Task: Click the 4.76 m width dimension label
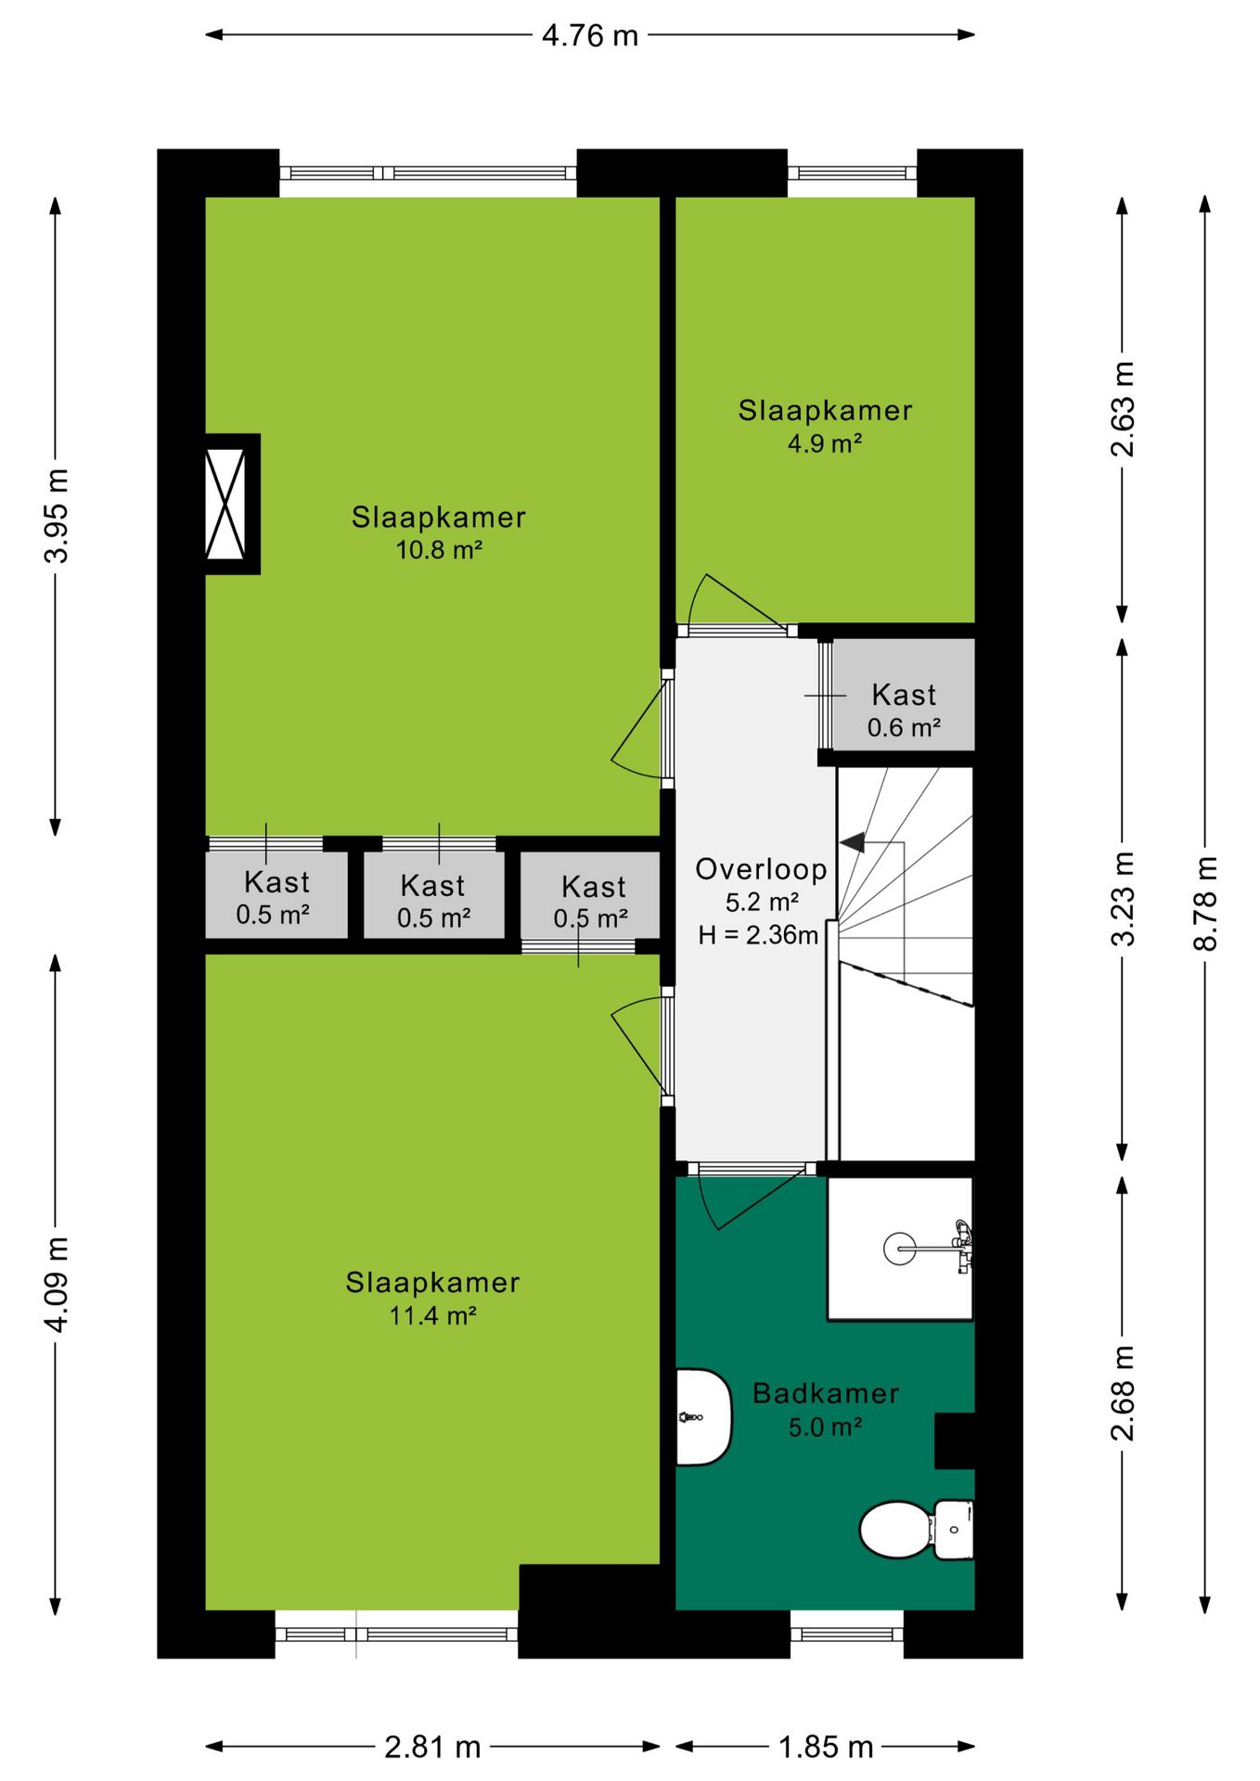pyautogui.click(x=590, y=36)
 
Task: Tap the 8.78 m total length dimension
pyautogui.click(x=1204, y=903)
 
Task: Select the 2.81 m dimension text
pyautogui.click(x=432, y=1748)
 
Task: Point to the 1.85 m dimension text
pyautogui.click(x=826, y=1748)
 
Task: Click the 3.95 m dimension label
pyautogui.click(x=57, y=516)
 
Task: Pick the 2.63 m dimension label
pyautogui.click(x=1123, y=409)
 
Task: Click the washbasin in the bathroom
pyautogui.click(x=703, y=1417)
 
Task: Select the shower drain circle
pyautogui.click(x=899, y=1249)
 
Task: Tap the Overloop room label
pyautogui.click(x=761, y=869)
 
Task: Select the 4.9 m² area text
pyautogui.click(x=825, y=443)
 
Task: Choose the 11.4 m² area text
pyautogui.click(x=432, y=1315)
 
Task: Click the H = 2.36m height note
pyautogui.click(x=758, y=935)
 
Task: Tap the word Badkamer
pyautogui.click(x=826, y=1393)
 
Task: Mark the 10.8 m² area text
pyautogui.click(x=439, y=550)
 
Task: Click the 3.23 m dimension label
pyautogui.click(x=1123, y=899)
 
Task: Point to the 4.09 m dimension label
pyautogui.click(x=57, y=1285)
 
